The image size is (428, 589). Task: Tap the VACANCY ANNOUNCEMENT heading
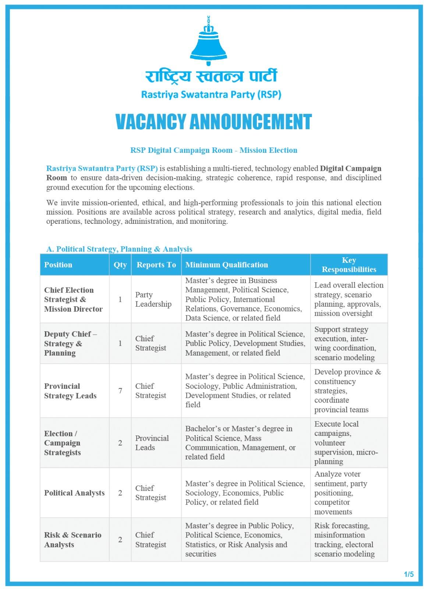click(213, 121)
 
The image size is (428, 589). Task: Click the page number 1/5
click(408, 574)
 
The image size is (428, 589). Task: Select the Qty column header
click(120, 265)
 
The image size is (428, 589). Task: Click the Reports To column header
click(156, 265)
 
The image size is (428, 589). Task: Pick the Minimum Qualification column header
click(227, 265)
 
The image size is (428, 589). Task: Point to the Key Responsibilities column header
click(349, 265)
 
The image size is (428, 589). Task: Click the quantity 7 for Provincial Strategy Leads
click(120, 391)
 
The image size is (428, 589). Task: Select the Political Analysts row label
click(74, 493)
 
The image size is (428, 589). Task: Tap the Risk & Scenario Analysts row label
click(72, 540)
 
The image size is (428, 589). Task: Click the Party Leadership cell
click(153, 299)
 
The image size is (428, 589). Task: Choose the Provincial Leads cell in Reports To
click(152, 443)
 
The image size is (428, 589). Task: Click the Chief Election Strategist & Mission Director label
click(73, 299)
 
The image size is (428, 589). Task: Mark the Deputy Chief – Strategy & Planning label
click(70, 343)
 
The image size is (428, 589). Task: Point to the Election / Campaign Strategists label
click(62, 443)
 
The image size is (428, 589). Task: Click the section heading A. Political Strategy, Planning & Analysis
click(119, 249)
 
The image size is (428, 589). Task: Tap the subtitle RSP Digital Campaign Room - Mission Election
click(214, 150)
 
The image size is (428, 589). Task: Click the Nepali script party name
click(211, 76)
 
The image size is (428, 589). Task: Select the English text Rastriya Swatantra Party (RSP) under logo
click(211, 95)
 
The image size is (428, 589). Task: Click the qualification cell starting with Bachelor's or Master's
click(240, 443)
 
